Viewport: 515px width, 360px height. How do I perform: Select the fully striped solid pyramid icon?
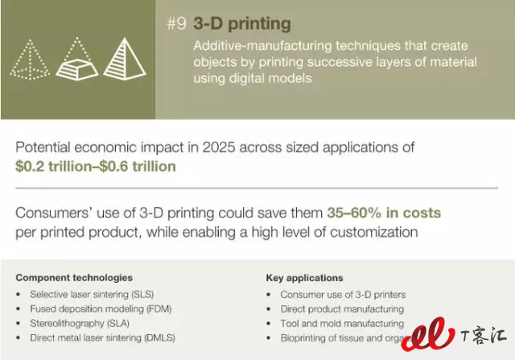[x=125, y=59]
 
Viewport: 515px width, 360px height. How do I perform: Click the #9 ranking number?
[x=177, y=23]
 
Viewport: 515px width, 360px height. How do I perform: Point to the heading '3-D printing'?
[x=242, y=24]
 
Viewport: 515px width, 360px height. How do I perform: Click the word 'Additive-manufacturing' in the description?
[x=263, y=46]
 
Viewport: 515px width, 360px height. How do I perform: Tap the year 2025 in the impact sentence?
[x=219, y=147]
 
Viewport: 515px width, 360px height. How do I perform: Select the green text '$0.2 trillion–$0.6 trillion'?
[x=96, y=167]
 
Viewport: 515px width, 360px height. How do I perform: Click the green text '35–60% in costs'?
[x=384, y=213]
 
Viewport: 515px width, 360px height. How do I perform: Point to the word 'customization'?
[x=374, y=233]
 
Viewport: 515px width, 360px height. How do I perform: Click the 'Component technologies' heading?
[x=74, y=278]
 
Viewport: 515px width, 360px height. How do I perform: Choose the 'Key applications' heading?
[x=304, y=278]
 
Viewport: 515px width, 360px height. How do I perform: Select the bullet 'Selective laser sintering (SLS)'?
[x=92, y=294]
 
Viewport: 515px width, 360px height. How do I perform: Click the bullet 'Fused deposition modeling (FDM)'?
[x=101, y=308]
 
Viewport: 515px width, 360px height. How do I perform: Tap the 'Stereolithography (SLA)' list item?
[x=80, y=323]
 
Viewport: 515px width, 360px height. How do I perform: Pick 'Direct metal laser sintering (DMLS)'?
[x=103, y=337]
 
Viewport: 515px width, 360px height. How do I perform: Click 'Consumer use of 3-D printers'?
[x=344, y=295]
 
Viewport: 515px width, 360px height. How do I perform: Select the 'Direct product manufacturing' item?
[x=342, y=309]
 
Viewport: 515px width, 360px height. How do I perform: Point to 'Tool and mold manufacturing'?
[x=342, y=324]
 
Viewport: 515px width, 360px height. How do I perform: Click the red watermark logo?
[x=428, y=333]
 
